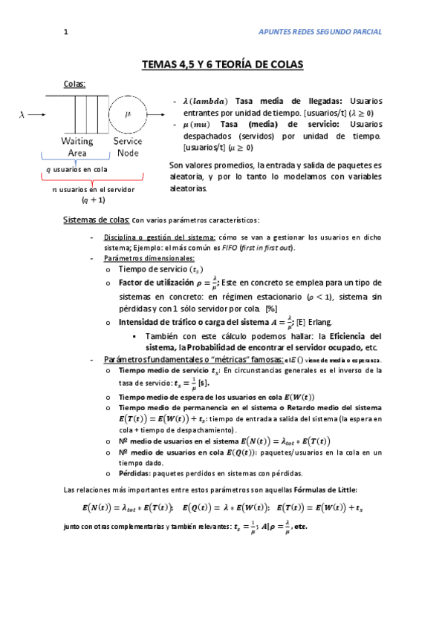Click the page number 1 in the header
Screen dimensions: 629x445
(x=66, y=32)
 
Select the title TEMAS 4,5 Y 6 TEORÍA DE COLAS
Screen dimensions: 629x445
(x=222, y=65)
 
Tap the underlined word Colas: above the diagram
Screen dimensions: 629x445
(x=75, y=84)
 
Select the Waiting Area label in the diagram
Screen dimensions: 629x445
(x=77, y=146)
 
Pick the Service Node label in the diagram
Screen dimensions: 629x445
(x=128, y=146)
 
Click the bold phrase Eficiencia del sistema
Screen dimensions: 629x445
(x=349, y=335)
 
